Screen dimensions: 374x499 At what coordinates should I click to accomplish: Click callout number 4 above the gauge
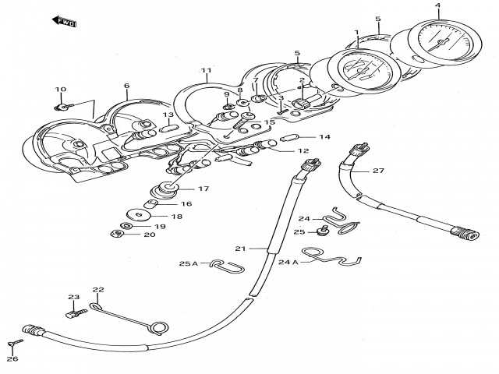(437, 6)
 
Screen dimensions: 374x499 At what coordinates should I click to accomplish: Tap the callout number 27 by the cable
(378, 171)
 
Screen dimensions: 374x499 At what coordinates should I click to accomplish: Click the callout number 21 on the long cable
(240, 249)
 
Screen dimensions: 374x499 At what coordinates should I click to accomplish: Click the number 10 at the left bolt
(60, 90)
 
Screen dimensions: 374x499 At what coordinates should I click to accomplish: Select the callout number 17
(203, 189)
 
